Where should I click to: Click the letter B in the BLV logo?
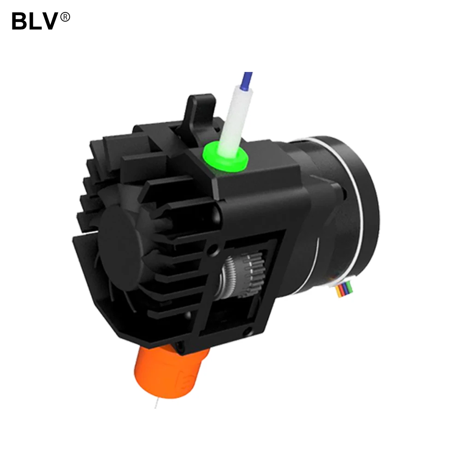(x=20, y=21)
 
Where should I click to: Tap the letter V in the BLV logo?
(x=49, y=21)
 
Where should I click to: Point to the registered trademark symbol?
(x=65, y=17)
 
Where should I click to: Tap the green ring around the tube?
(x=225, y=156)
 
